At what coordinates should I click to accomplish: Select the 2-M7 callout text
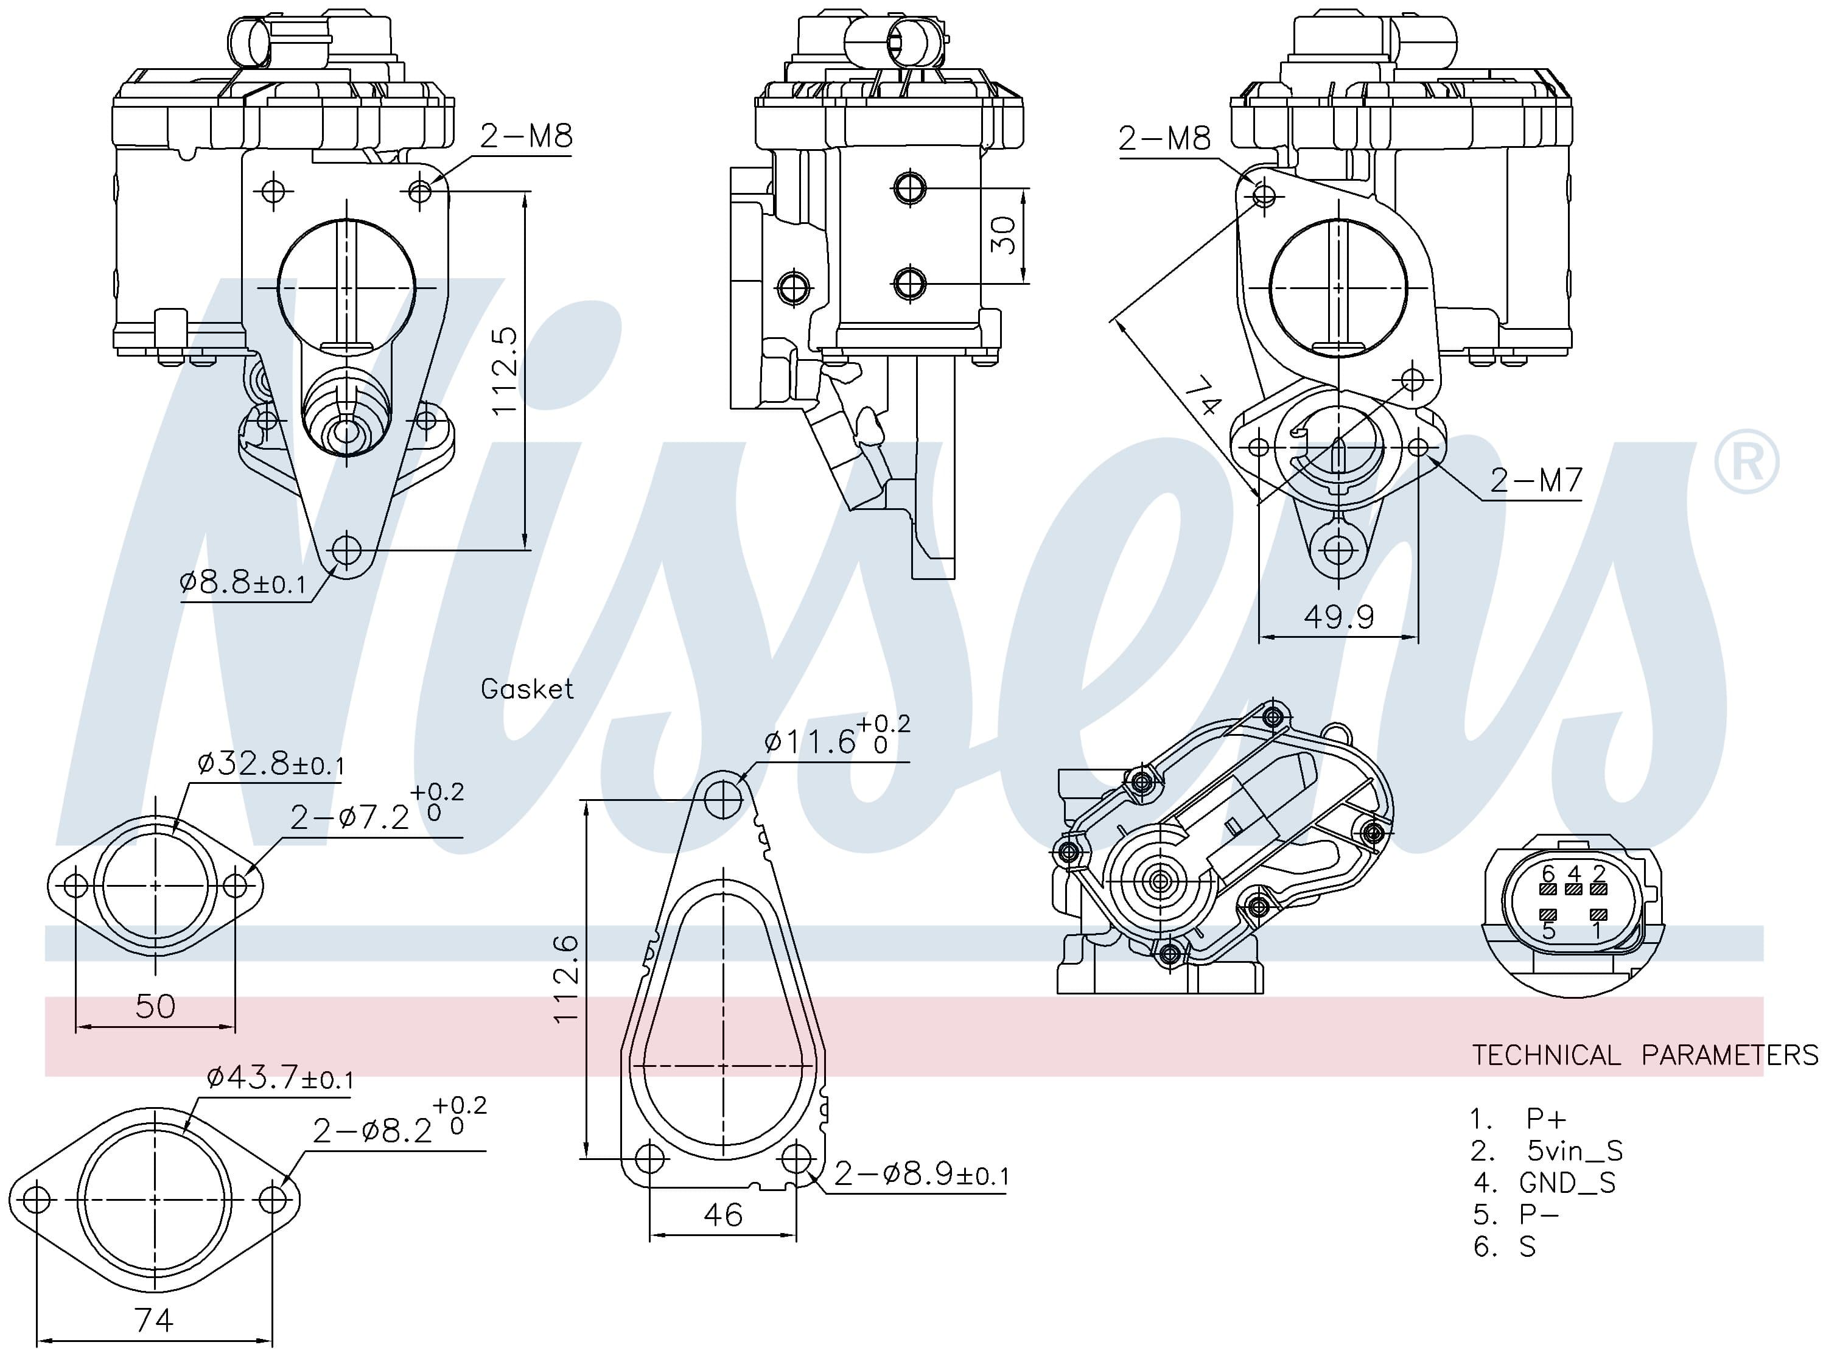point(1536,480)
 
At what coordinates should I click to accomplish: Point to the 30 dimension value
point(1004,235)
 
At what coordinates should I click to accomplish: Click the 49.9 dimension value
point(1339,617)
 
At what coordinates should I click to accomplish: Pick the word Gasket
point(527,689)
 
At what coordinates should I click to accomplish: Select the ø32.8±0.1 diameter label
point(271,764)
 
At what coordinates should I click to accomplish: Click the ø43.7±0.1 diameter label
point(280,1076)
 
